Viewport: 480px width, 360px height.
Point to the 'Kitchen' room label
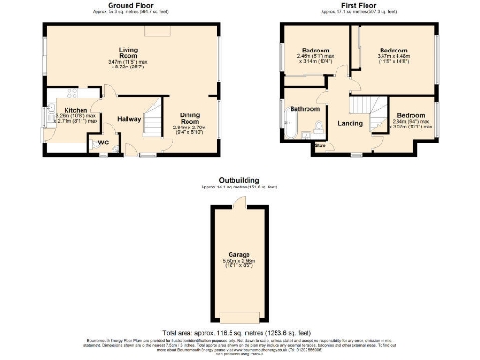(x=65, y=109)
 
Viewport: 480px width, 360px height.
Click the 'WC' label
(x=103, y=143)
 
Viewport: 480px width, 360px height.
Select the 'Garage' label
(x=239, y=254)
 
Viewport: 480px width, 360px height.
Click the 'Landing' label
(x=351, y=123)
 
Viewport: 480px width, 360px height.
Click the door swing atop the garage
(x=242, y=202)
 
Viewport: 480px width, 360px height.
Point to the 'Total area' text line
(x=239, y=333)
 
